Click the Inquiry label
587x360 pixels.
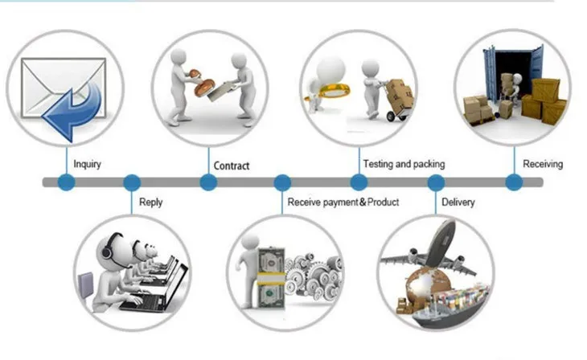point(87,164)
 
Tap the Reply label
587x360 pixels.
point(151,202)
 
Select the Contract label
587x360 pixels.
point(232,166)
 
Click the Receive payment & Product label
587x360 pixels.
point(343,202)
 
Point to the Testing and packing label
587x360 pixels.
point(404,164)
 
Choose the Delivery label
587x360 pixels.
point(458,202)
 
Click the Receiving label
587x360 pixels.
point(543,164)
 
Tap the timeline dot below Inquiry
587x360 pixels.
point(66,182)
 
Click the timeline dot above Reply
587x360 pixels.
point(131,182)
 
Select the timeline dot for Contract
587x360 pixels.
point(208,182)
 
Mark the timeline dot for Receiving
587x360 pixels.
point(514,182)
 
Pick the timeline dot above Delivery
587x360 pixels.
point(437,182)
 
